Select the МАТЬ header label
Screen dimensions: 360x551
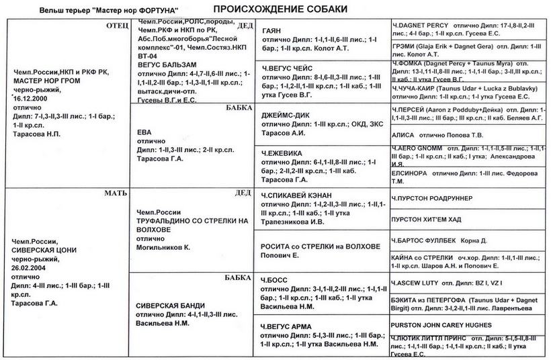pyautogui.click(x=110, y=193)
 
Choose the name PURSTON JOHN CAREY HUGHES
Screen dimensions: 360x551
pyautogui.click(x=443, y=323)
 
